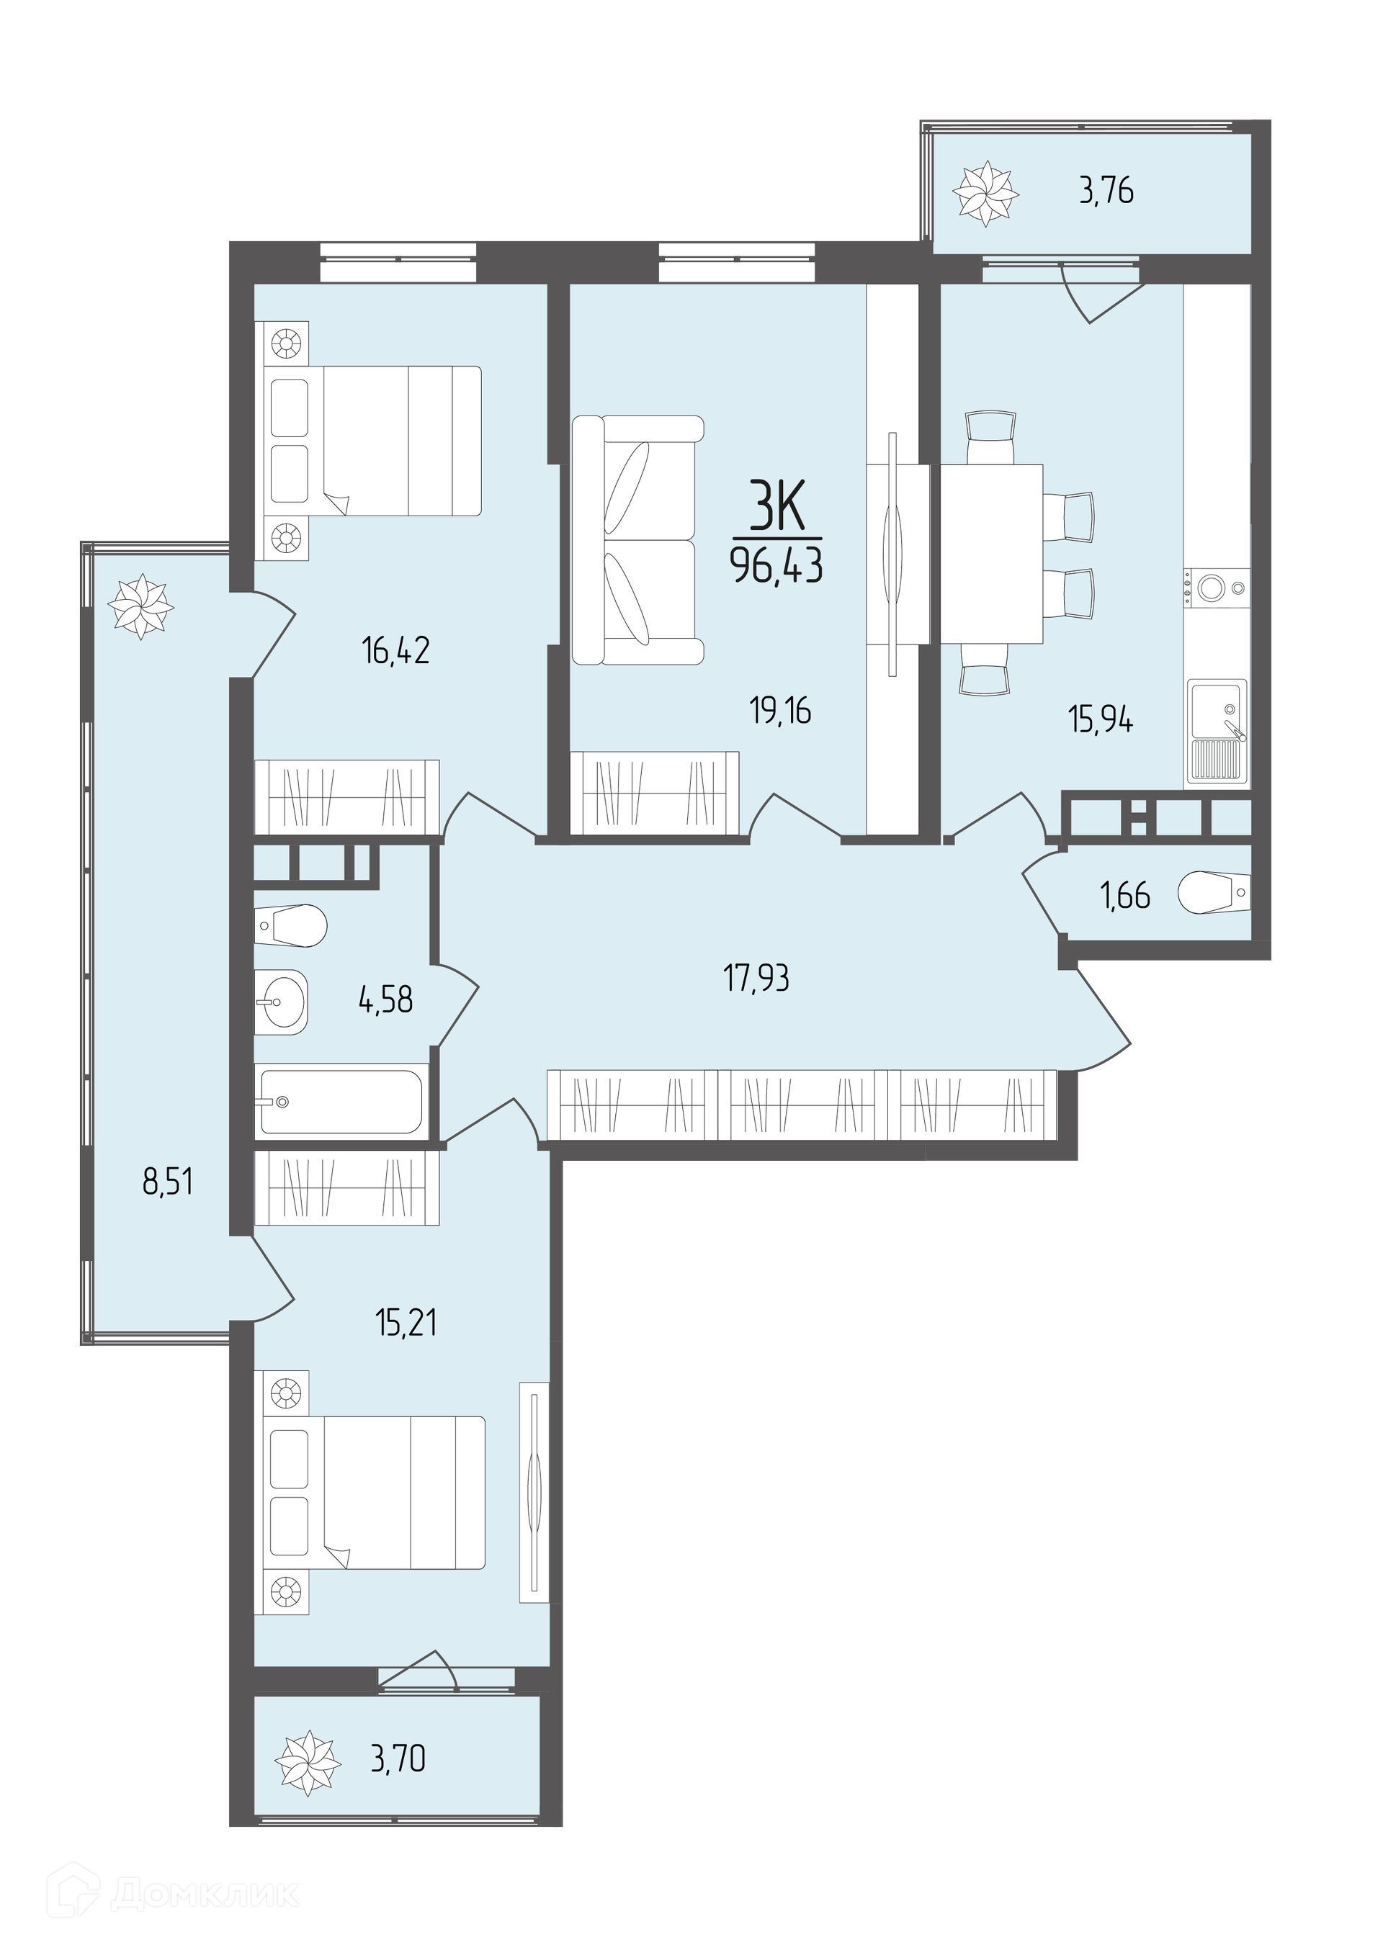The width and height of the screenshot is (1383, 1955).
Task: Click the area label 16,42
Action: pyautogui.click(x=396, y=652)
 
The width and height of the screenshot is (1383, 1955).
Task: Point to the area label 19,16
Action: pyautogui.click(x=780, y=710)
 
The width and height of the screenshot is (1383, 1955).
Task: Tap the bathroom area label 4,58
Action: pyautogui.click(x=387, y=999)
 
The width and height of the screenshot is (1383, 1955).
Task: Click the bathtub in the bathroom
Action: pyautogui.click(x=342, y=1102)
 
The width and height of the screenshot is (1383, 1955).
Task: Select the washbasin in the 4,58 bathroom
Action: pyautogui.click(x=281, y=1002)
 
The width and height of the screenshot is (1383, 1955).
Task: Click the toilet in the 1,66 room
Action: pyautogui.click(x=1214, y=892)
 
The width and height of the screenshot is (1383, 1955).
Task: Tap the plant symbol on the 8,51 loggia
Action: pyautogui.click(x=140, y=607)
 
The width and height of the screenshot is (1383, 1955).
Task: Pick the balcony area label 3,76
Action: pyautogui.click(x=1106, y=191)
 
